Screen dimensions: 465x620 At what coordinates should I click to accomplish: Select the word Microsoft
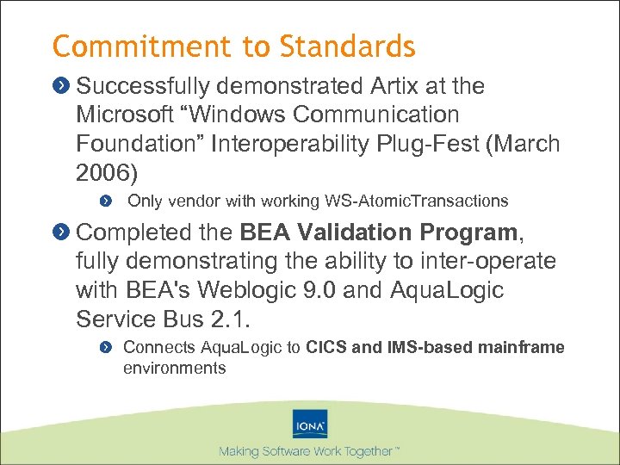[123, 115]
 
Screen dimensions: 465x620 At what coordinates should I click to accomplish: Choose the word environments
[174, 368]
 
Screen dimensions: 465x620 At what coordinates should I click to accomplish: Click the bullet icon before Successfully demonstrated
[62, 87]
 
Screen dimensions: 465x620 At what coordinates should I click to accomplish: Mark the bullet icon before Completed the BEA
[62, 232]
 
